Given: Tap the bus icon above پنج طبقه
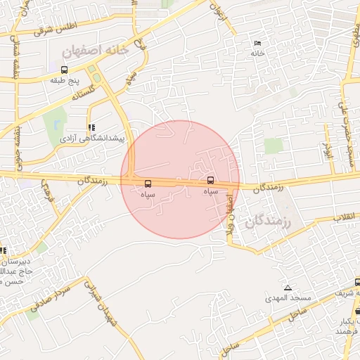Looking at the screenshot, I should tap(65, 70).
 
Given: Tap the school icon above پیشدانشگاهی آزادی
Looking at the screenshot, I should tap(90, 128).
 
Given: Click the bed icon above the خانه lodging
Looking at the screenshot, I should tap(257, 44).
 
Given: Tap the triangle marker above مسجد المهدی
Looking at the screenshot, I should tap(288, 288).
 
